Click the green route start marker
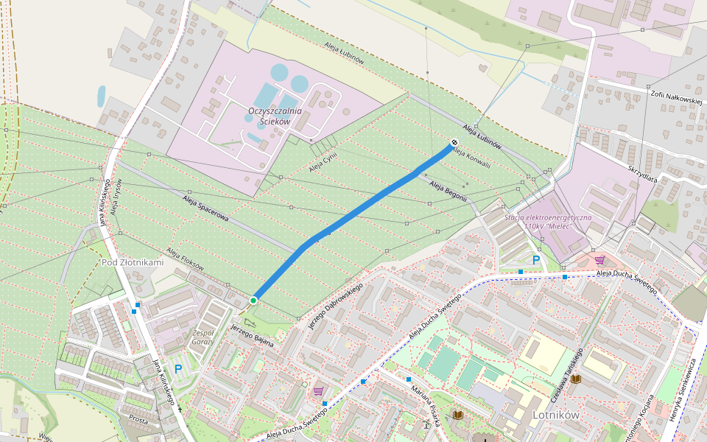tap(253, 300)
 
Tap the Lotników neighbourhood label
tap(555, 415)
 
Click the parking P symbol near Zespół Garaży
tap(177, 368)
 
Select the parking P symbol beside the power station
tap(536, 260)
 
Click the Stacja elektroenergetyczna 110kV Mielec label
tap(548, 222)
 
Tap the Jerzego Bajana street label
tap(252, 334)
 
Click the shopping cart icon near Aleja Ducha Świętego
tap(600, 260)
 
